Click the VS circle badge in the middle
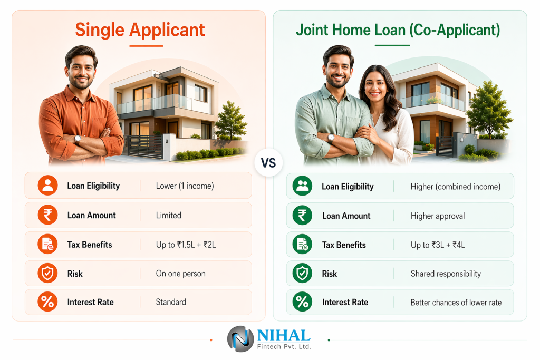pos(268,163)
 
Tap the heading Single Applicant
pos(140,30)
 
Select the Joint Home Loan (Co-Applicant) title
pos(398,30)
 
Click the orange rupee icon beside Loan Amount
pos(47,215)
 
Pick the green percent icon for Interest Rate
pos(302,302)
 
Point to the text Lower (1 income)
pos(185,186)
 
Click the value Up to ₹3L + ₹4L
pos(438,245)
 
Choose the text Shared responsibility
pos(446,274)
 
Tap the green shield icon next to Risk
pos(302,273)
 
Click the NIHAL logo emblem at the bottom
pos(240,339)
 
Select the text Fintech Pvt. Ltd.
pos(284,347)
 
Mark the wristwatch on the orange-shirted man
pos(78,139)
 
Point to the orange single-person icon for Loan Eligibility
pos(47,186)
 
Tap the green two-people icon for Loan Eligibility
pos(302,186)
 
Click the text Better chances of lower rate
pos(456,303)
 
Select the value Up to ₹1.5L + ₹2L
pos(186,245)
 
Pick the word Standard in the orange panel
pos(171,302)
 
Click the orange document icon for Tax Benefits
pos(47,245)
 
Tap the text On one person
pos(181,274)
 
